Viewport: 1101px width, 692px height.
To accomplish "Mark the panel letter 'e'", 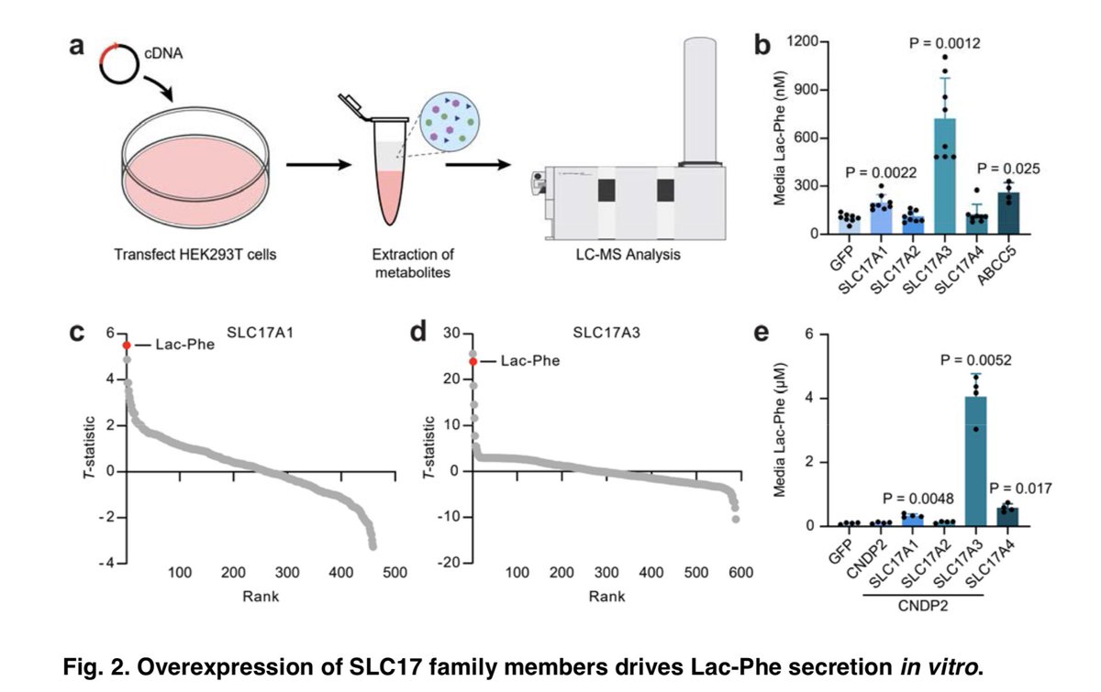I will pyautogui.click(x=762, y=335).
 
